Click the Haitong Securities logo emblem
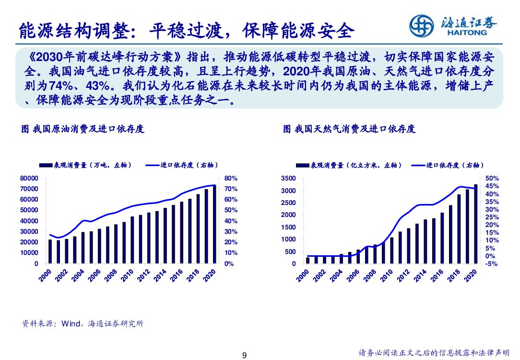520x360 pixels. [422, 25]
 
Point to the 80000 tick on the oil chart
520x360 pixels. [29, 178]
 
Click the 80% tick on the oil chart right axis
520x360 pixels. [231, 178]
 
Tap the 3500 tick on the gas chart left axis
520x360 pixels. [288, 178]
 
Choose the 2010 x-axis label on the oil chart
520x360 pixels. [128, 276]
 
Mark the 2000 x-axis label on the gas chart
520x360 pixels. [303, 276]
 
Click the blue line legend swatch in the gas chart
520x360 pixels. [418, 165]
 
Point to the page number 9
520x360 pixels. [244, 356]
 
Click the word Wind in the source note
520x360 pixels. [71, 324]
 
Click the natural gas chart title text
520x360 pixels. [349, 129]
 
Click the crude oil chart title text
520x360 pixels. [83, 129]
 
